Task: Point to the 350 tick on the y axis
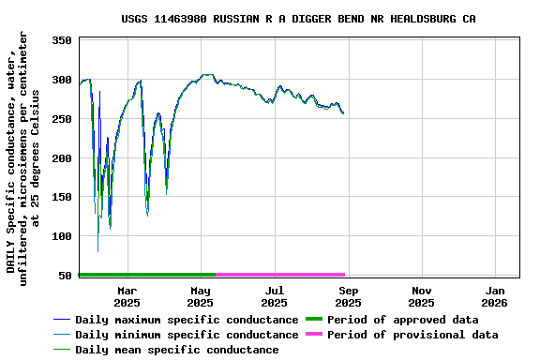click(62, 41)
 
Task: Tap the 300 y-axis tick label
click(62, 81)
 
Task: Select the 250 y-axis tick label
click(62, 119)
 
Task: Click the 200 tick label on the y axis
click(62, 158)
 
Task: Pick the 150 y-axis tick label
click(62, 197)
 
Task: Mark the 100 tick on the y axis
click(62, 236)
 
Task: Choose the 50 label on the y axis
click(66, 276)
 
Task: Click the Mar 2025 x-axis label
click(127, 296)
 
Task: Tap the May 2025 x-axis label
click(200, 296)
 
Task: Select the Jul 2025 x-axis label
click(274, 296)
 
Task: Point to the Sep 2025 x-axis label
click(348, 296)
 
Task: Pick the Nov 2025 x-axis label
click(421, 296)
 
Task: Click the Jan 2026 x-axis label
click(494, 296)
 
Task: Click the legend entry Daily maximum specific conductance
click(187, 320)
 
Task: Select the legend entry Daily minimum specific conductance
click(187, 335)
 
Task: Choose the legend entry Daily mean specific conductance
click(176, 350)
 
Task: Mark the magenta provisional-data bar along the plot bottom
click(280, 275)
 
